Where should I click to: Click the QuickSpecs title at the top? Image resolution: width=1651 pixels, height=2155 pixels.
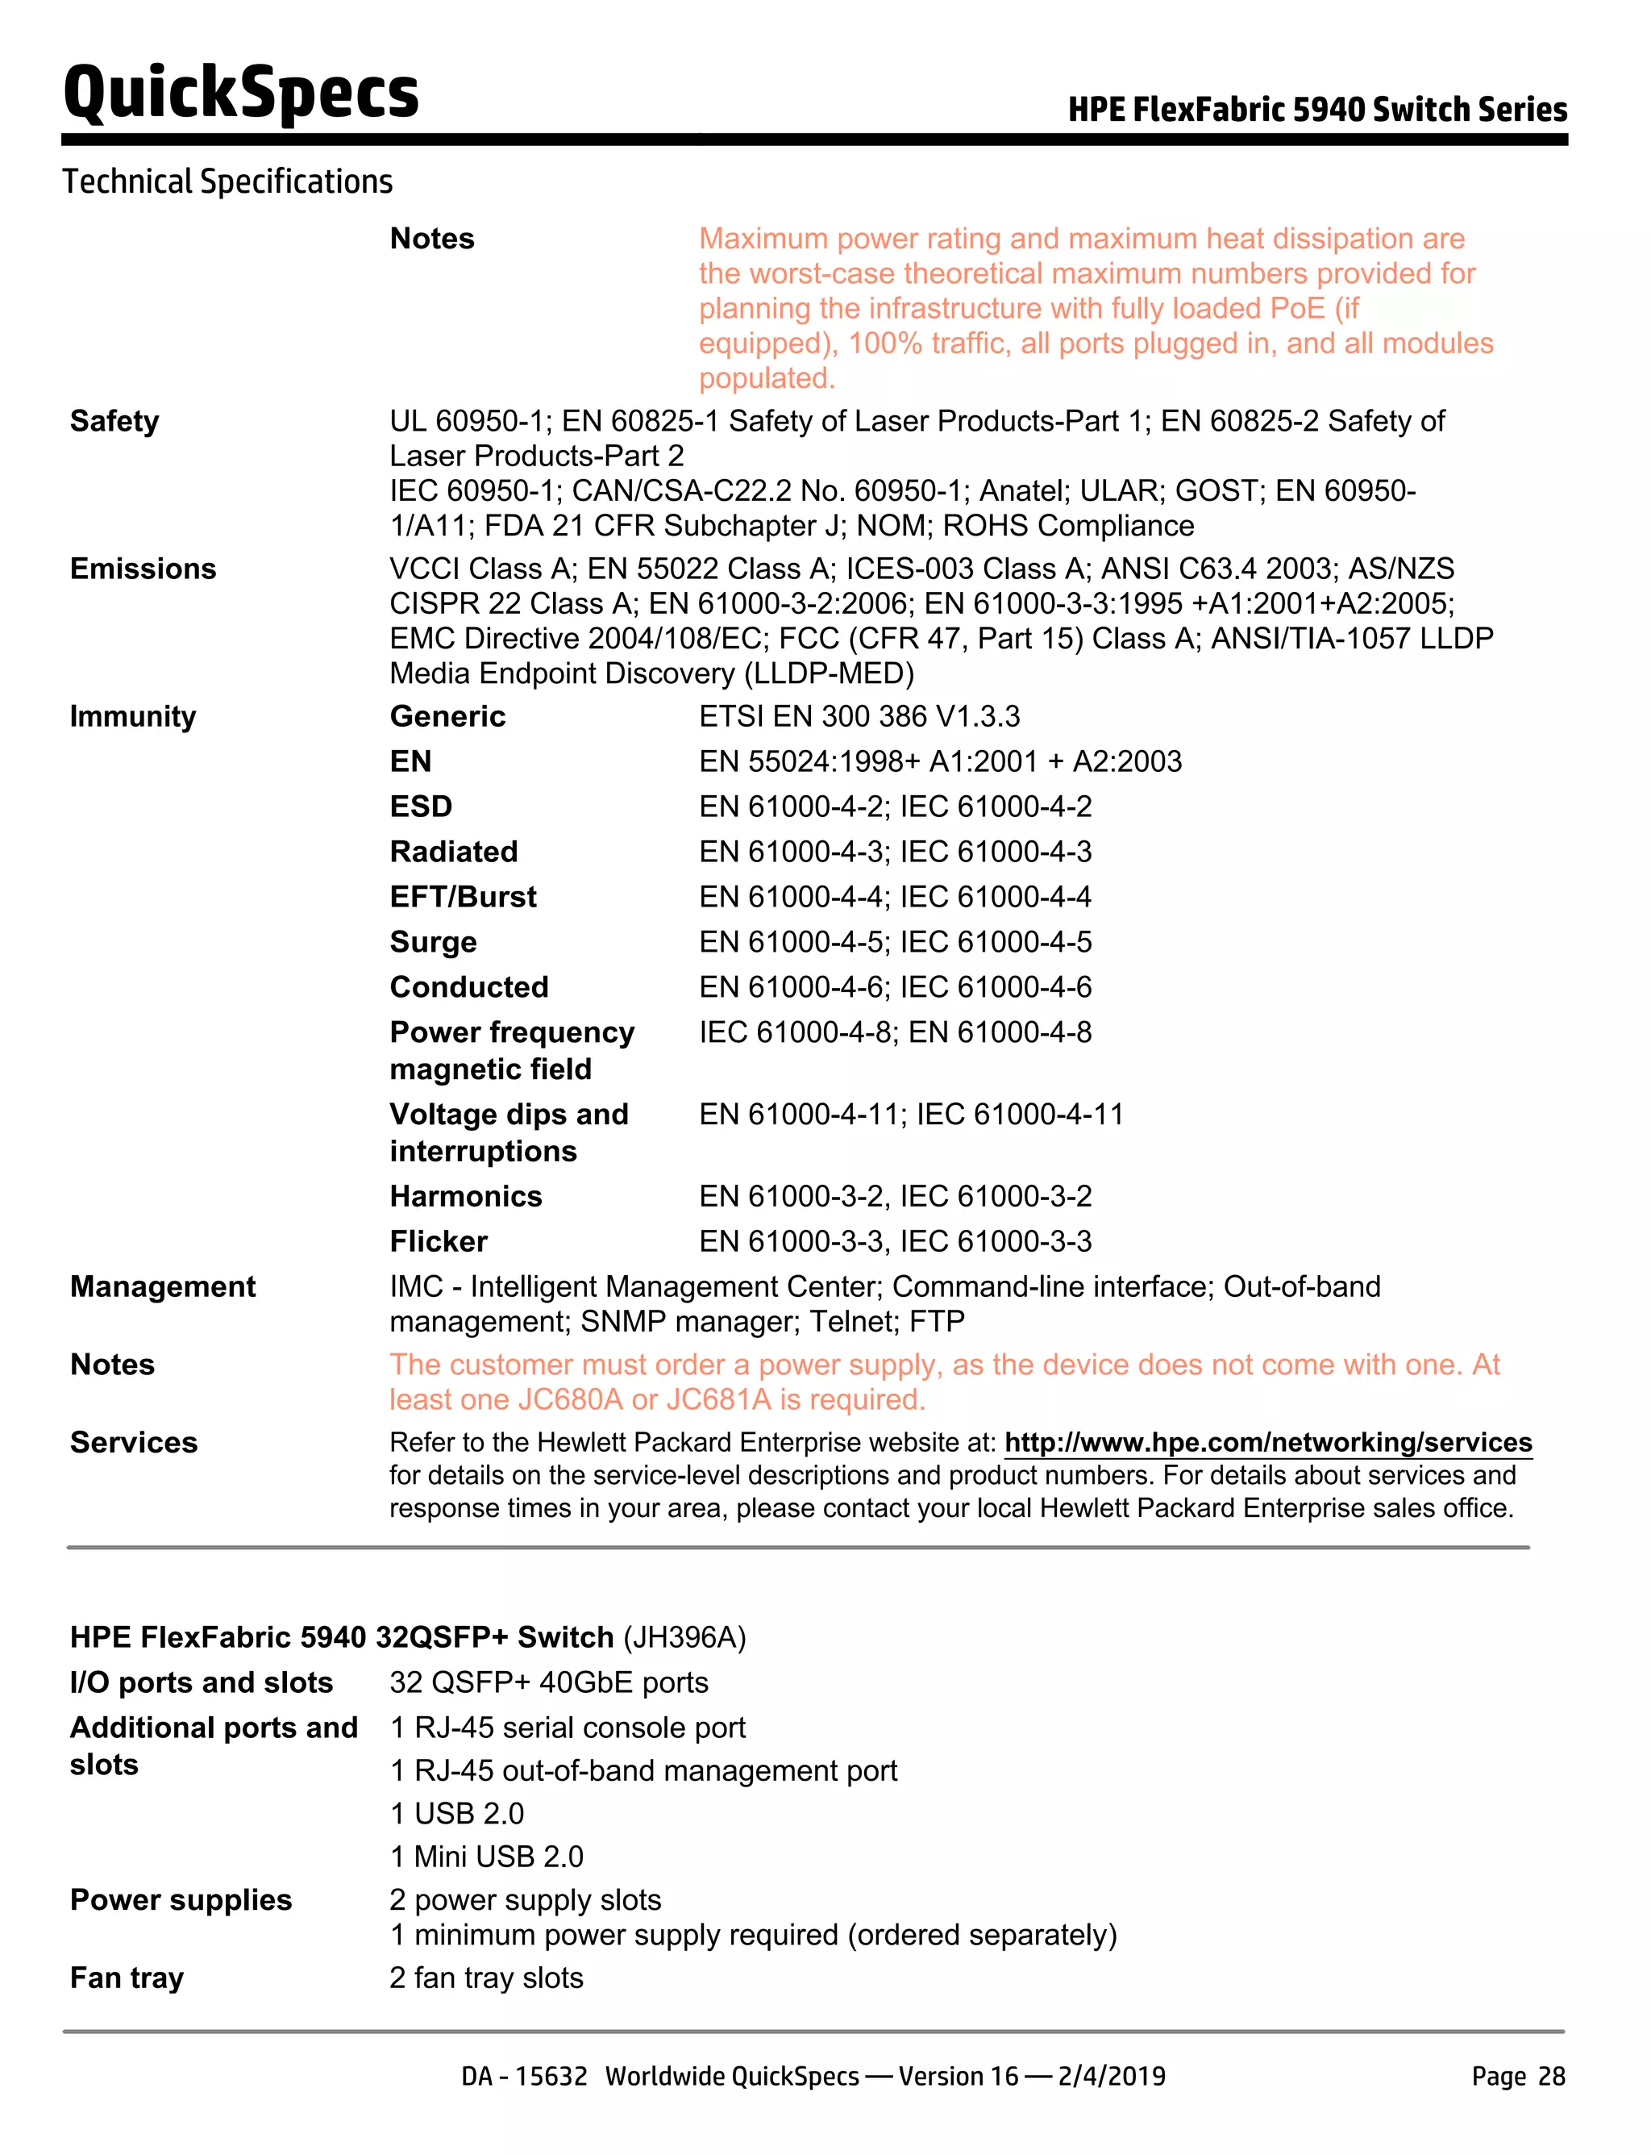(x=241, y=94)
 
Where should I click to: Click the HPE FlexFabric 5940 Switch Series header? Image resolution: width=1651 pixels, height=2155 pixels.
(x=1317, y=109)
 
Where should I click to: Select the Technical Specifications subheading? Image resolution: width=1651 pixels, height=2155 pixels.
(x=227, y=182)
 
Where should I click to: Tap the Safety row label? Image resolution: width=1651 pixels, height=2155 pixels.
(x=114, y=421)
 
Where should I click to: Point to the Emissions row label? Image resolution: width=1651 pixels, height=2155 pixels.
(x=143, y=569)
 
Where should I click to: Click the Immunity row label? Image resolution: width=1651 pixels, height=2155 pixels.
(x=133, y=715)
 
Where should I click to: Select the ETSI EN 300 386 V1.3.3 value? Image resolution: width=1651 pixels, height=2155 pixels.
(x=859, y=715)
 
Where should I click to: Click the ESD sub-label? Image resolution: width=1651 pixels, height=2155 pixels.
(x=421, y=807)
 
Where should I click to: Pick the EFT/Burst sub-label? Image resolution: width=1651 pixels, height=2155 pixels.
(x=463, y=897)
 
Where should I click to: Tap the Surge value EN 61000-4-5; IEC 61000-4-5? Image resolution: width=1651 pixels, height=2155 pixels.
(x=894, y=942)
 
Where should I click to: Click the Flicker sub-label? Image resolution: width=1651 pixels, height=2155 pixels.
(x=439, y=1240)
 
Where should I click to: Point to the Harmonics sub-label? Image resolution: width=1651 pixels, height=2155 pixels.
(x=466, y=1195)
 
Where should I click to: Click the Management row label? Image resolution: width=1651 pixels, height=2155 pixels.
(x=162, y=1286)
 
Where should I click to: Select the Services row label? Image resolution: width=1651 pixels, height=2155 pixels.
(x=134, y=1442)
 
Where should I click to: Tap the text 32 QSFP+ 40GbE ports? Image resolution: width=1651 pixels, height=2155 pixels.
(x=548, y=1682)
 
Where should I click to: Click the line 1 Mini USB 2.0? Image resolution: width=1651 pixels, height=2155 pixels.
(x=486, y=1856)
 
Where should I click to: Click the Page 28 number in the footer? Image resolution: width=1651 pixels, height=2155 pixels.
(x=1517, y=2075)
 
